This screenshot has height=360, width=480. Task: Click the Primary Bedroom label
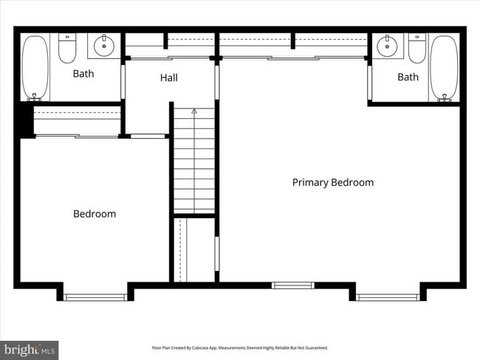click(x=332, y=182)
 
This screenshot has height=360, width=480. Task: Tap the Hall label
click(x=169, y=77)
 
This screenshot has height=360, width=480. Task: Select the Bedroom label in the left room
click(x=95, y=214)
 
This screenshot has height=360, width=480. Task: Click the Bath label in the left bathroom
click(x=83, y=74)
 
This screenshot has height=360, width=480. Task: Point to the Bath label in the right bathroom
click(x=408, y=77)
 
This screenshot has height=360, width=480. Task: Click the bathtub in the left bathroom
click(x=35, y=67)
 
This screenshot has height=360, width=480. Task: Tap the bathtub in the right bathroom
click(x=443, y=67)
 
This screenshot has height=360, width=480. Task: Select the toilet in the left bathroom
click(x=68, y=48)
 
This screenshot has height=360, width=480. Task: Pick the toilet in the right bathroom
click(x=416, y=48)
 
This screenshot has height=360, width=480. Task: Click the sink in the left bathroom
click(x=104, y=46)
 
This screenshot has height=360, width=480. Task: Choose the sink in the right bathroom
click(x=388, y=46)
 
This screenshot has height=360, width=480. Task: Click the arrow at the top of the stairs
click(x=194, y=112)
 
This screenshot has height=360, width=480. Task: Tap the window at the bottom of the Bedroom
click(x=95, y=297)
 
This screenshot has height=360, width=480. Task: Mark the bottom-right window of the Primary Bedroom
click(x=388, y=297)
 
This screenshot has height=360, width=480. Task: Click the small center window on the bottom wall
click(x=292, y=285)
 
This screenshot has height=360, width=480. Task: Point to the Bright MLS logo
click(x=30, y=349)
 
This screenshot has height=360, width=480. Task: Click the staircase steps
click(x=194, y=162)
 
